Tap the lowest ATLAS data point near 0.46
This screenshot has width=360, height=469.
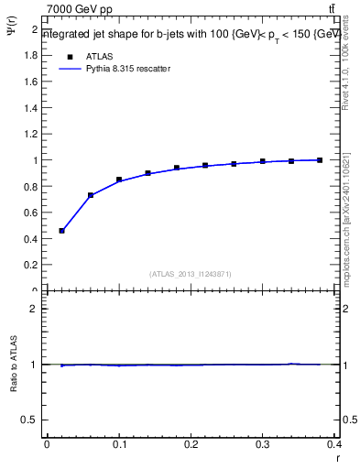pyautogui.click(x=61, y=231)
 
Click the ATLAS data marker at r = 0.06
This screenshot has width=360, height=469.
pyautogui.click(x=91, y=195)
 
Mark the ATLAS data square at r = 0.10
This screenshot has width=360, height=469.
pyautogui.click(x=119, y=180)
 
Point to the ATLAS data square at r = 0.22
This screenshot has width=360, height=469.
pyautogui.click(x=205, y=166)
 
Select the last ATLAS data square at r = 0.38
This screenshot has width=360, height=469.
pyautogui.click(x=320, y=160)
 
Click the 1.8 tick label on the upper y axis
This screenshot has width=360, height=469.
pyautogui.click(x=30, y=55)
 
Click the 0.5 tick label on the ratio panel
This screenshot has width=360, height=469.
pyautogui.click(x=30, y=420)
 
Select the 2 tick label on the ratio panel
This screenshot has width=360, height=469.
pyautogui.click(x=34, y=309)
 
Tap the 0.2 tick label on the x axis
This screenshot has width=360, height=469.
pyautogui.click(x=191, y=444)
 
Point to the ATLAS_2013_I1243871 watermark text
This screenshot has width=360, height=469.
pyautogui.click(x=191, y=274)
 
